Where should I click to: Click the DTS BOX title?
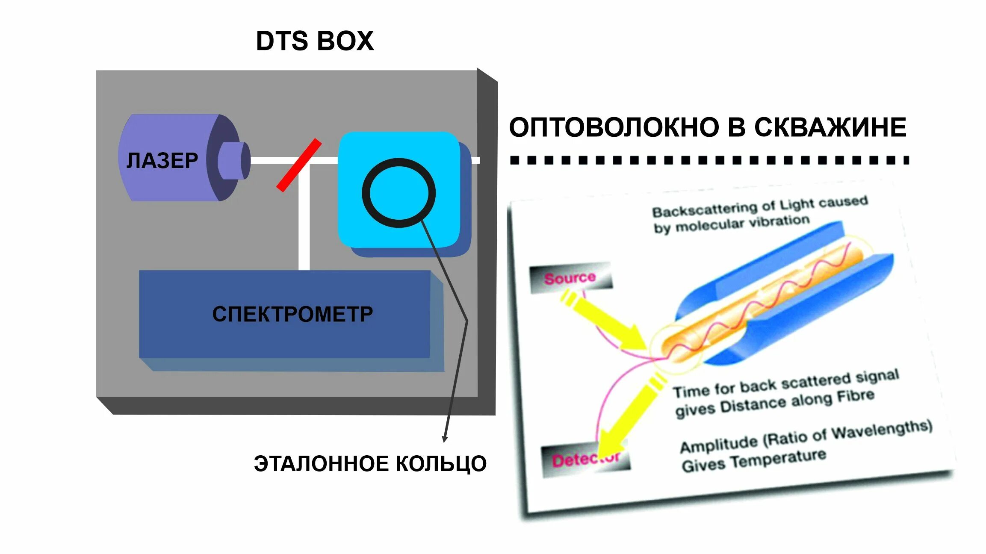[315, 41]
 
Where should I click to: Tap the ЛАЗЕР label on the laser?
[162, 161]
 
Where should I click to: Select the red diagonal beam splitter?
[298, 165]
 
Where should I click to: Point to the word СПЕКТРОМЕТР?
[292, 314]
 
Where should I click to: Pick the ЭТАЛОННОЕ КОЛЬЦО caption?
[370, 464]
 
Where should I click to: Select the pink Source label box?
[570, 278]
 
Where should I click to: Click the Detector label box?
[586, 460]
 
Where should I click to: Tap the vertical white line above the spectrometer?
[304, 218]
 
